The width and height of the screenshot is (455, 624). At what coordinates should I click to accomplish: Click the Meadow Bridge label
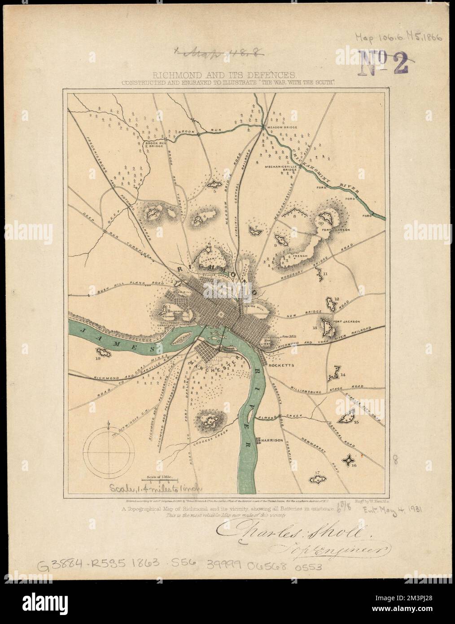point(280,127)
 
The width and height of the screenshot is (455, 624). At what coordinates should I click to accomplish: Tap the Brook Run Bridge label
point(155,145)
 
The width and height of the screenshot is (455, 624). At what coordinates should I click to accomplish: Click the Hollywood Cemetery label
point(170,323)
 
